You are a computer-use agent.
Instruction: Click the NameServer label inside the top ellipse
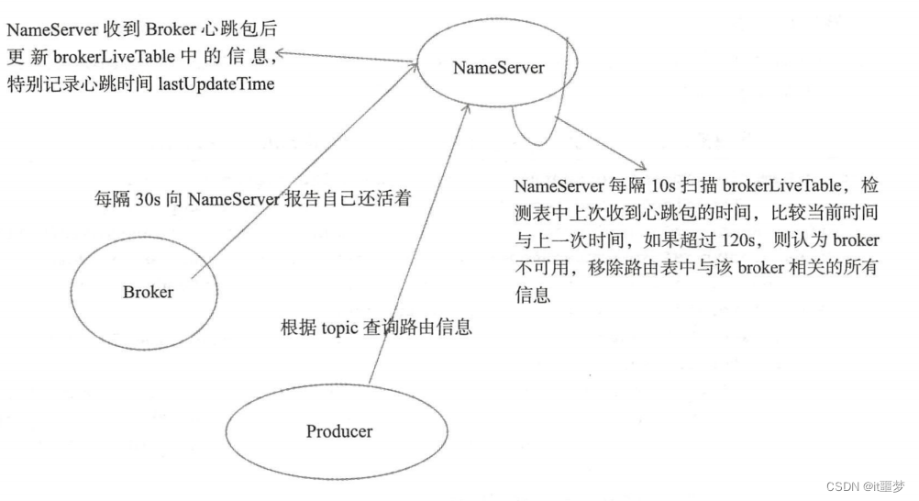pos(499,68)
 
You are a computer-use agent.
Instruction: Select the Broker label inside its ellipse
pos(148,293)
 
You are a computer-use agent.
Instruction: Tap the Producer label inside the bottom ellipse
pos(339,430)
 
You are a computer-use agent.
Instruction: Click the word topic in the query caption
pos(339,327)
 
